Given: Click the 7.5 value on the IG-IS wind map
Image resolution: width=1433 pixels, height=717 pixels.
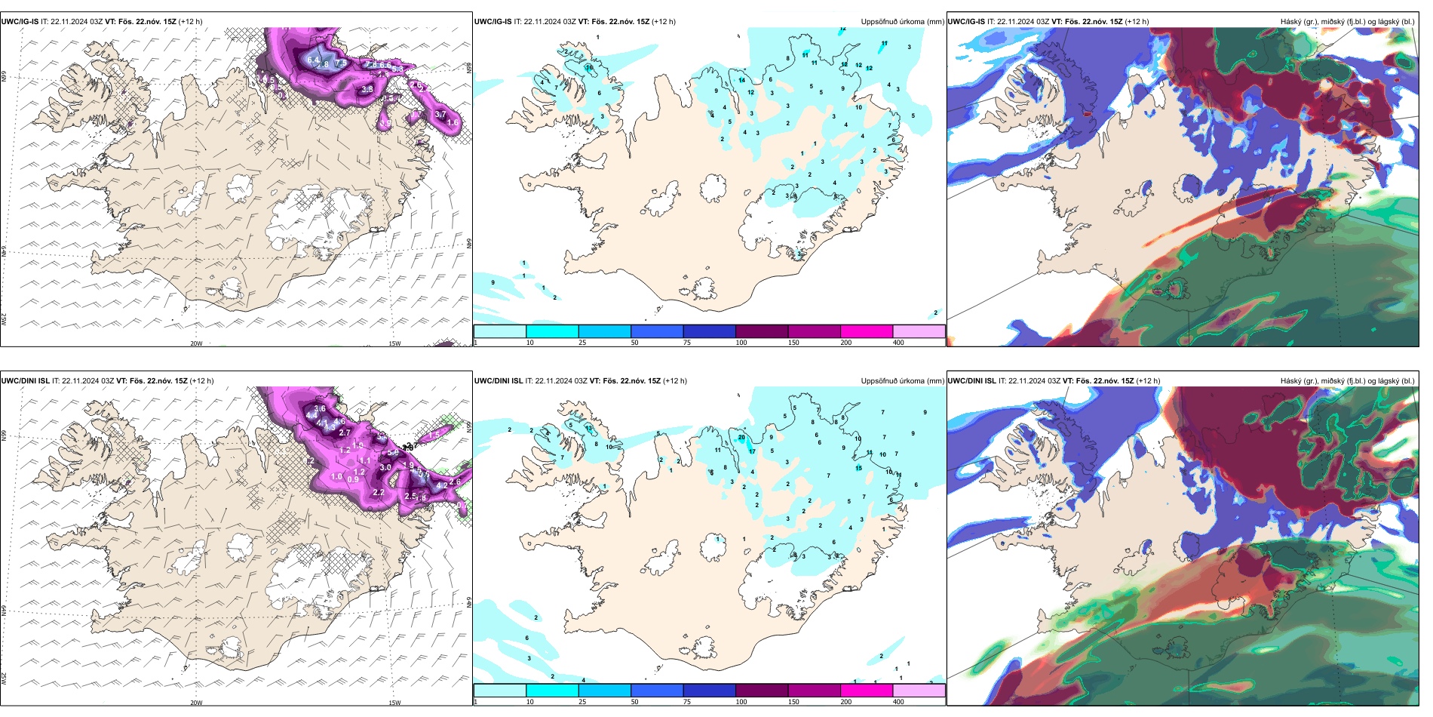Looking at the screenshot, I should [341, 63].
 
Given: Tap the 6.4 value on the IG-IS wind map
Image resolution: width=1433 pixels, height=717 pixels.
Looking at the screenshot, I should [314, 60].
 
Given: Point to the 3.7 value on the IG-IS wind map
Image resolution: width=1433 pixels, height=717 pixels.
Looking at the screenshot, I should [441, 115].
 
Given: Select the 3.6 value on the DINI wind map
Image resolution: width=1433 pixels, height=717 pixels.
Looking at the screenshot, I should [320, 409].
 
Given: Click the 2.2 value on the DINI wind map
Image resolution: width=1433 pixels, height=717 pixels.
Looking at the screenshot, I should [379, 492].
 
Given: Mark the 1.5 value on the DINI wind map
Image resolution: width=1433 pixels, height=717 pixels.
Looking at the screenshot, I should [434, 435].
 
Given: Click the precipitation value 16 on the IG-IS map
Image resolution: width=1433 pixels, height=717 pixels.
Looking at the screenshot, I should [589, 68].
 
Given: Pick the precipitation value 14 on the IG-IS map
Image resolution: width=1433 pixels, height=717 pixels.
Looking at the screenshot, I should [742, 80].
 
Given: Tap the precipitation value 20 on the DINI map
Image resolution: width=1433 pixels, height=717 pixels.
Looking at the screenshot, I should [742, 438].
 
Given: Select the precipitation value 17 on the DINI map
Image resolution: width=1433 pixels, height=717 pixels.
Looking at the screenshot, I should [752, 451].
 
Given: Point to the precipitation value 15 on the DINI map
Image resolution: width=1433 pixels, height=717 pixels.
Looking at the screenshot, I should [858, 468].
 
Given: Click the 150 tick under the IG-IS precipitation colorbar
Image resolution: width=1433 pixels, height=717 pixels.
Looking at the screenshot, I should [793, 343].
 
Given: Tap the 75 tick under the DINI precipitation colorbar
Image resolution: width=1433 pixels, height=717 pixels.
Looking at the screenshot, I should [687, 701].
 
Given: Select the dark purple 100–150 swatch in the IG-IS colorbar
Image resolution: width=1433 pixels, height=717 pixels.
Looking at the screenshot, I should [762, 331].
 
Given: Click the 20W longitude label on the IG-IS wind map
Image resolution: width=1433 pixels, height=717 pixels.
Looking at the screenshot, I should [196, 343].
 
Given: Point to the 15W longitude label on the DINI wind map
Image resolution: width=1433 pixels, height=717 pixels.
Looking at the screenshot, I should [394, 703].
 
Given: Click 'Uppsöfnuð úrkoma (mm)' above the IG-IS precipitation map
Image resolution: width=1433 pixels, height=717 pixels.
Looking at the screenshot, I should [902, 22].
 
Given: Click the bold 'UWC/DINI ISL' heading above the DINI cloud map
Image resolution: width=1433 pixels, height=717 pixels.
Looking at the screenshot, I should [971, 381].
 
